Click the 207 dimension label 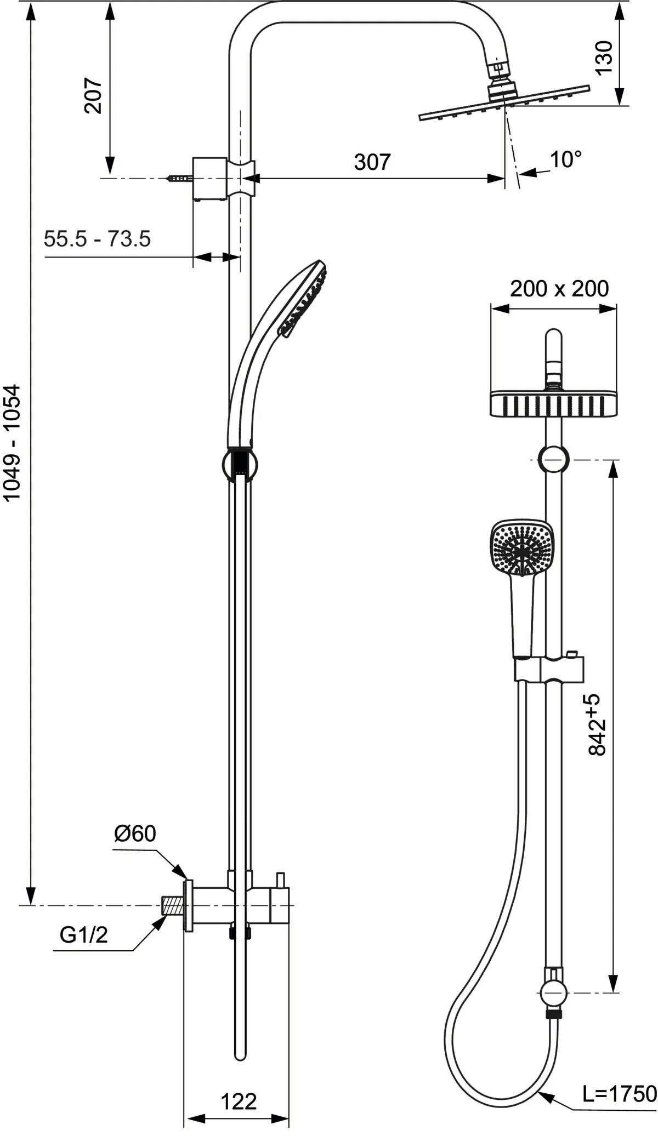click(93, 96)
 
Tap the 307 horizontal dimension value click(372, 162)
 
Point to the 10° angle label click(566, 159)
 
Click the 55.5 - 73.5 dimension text click(97, 239)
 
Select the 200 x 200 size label click(559, 288)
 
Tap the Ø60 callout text click(135, 834)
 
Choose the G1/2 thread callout click(84, 935)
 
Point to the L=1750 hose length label click(619, 1078)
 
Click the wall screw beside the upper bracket click(178, 178)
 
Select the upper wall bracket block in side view click(209, 179)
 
